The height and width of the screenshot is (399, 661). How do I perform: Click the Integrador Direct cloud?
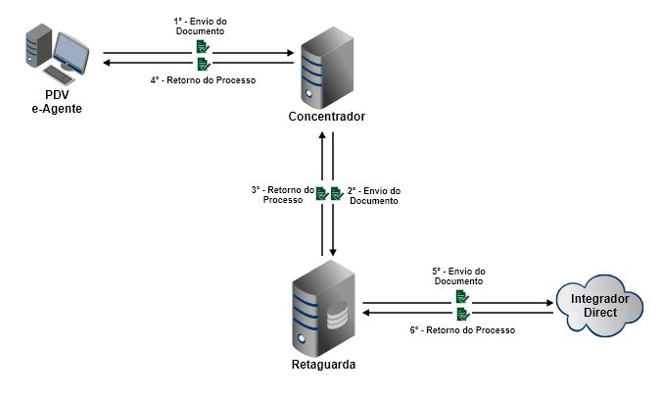coord(599,305)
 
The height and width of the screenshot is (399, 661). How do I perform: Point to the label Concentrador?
coord(326,117)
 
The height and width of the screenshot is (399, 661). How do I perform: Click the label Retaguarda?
coord(323,365)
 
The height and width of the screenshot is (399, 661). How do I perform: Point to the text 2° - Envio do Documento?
coord(375,195)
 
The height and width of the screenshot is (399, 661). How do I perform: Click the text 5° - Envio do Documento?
coord(458,275)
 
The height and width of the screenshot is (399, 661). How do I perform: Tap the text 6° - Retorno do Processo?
coord(463,330)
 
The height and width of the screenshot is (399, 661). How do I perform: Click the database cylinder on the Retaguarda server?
coord(336,320)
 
